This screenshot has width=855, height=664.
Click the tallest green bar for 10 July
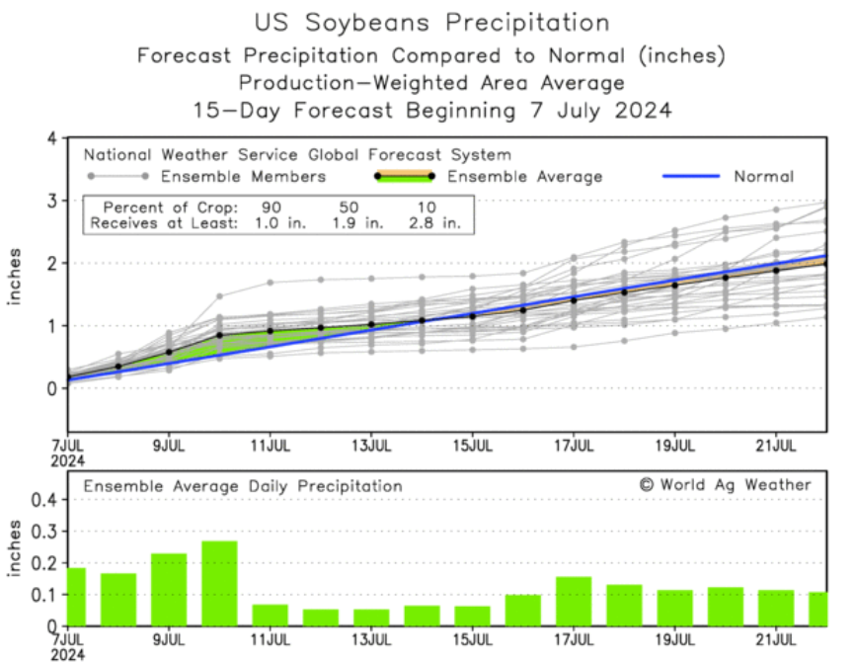[x=219, y=583]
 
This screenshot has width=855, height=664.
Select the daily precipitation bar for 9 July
[x=169, y=589]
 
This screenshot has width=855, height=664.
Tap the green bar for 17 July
[x=574, y=601]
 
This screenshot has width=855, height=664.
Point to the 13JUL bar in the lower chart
[x=371, y=617]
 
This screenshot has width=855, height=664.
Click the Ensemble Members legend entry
[x=242, y=177]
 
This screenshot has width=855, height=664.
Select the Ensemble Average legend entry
[x=523, y=177]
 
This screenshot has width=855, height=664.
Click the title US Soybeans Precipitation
[x=431, y=22]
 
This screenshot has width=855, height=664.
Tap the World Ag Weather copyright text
[x=725, y=484]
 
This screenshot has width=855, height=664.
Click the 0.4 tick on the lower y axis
[x=42, y=500]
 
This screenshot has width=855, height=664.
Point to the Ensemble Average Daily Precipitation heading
[x=243, y=486]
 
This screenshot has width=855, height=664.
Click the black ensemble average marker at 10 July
[x=219, y=335]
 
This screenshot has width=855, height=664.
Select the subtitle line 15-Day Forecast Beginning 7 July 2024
[x=431, y=110]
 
